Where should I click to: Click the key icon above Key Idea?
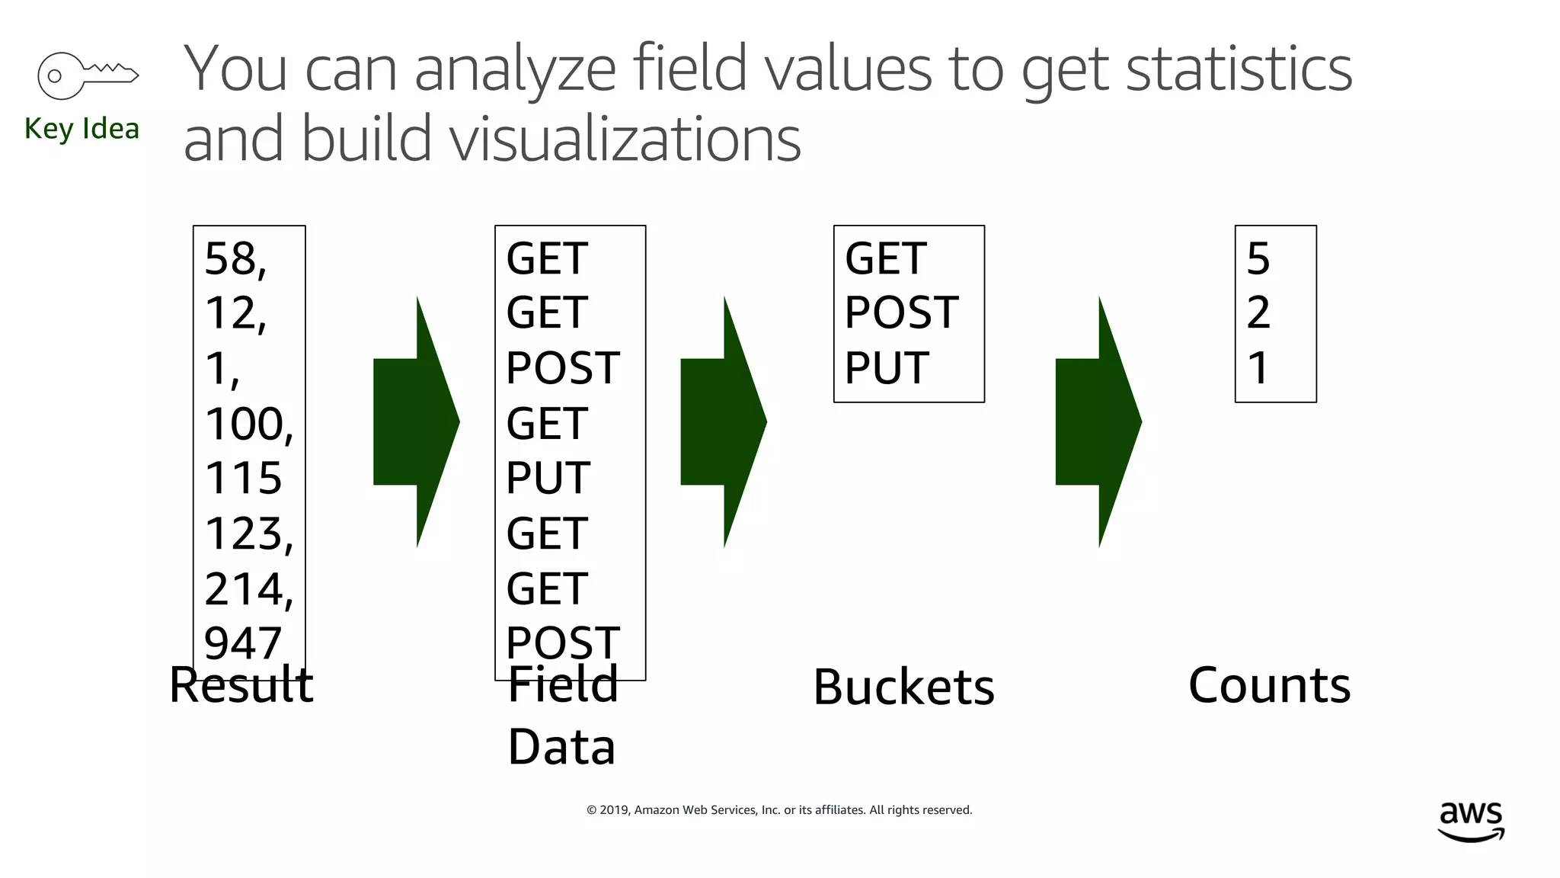pos(87,75)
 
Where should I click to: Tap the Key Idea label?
pos(82,129)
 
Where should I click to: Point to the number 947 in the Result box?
pos(243,643)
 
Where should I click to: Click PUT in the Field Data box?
pos(548,479)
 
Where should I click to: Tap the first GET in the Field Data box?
pos(547,259)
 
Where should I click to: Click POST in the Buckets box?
pos(901,313)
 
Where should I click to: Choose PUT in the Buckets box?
pos(887,368)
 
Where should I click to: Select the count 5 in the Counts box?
pos(1258,259)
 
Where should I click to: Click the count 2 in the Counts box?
pos(1258,313)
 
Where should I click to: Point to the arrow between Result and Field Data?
pos(416,421)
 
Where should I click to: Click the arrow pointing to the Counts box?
pos(1098,421)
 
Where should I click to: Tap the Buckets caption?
pos(903,687)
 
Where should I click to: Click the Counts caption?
pos(1269,685)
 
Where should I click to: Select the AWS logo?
pos(1471,822)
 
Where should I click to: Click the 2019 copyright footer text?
pos(779,810)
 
